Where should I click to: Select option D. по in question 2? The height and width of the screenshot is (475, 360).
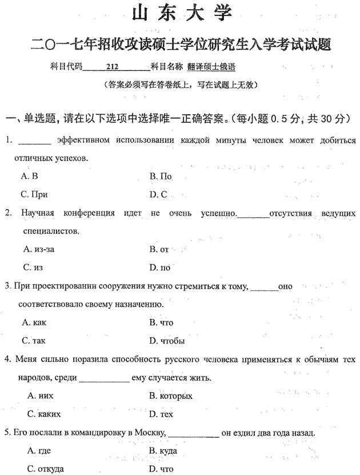[x=160, y=267]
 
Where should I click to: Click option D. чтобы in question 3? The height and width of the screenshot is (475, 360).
[x=166, y=341]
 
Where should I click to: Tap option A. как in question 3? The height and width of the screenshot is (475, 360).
[x=34, y=322]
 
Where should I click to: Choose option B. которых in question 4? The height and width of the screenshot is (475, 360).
[x=170, y=396]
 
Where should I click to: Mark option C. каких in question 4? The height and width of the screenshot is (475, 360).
[x=44, y=414]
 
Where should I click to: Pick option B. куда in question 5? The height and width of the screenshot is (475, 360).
[x=163, y=450]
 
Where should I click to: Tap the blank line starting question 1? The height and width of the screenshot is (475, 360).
[x=35, y=141]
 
